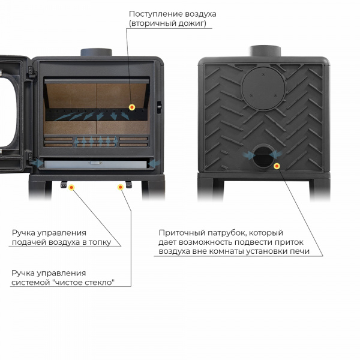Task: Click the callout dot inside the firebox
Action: (x=132, y=107)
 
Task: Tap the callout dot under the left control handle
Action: (x=71, y=188)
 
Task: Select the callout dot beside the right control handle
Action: (x=121, y=187)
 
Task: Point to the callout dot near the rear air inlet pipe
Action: (x=277, y=166)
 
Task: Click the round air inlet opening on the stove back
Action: (x=263, y=157)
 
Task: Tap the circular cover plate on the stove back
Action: (x=263, y=89)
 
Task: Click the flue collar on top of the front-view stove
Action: (x=96, y=52)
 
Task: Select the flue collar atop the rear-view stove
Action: (x=265, y=51)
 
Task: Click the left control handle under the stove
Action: (x=64, y=184)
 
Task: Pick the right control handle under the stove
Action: (x=129, y=184)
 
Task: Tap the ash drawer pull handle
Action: (x=95, y=163)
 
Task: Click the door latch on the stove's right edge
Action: (x=159, y=107)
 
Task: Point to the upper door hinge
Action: (x=31, y=71)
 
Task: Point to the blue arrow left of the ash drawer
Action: (x=37, y=163)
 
